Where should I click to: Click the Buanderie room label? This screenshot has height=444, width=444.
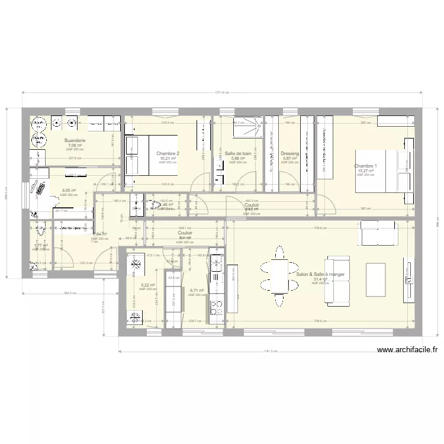tap(75, 140)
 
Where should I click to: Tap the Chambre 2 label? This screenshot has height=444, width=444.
tap(168, 153)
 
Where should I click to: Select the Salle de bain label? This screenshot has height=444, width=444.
tap(238, 153)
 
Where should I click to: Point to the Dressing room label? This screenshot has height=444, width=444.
tap(289, 153)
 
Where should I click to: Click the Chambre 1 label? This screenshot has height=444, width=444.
tap(366, 166)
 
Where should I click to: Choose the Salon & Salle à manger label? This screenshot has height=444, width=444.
tap(320, 274)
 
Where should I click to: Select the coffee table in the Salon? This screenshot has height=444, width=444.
tap(376, 276)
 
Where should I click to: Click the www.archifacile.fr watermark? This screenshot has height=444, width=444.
tap(408, 350)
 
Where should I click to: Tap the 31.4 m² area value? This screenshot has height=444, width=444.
tap(320, 279)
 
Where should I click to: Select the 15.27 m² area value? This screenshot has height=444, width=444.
tap(366, 171)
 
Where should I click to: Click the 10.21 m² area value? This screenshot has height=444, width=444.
tap(168, 158)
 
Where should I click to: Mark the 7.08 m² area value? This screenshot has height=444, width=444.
tap(75, 145)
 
